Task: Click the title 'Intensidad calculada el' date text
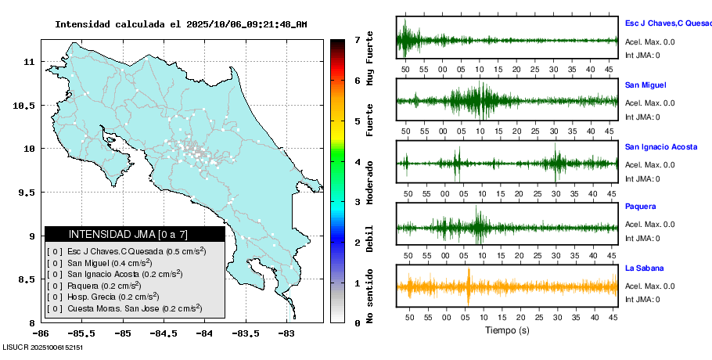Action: coord(181,24)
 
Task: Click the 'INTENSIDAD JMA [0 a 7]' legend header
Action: coord(135,234)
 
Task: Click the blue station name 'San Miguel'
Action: coord(645,85)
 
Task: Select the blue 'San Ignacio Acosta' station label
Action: coord(661,146)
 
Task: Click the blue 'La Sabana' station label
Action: coord(642,268)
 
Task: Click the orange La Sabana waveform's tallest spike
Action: coord(468,286)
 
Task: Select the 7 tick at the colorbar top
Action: coord(357,39)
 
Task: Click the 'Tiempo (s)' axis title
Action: coord(507,330)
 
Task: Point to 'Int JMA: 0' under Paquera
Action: coord(642,238)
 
